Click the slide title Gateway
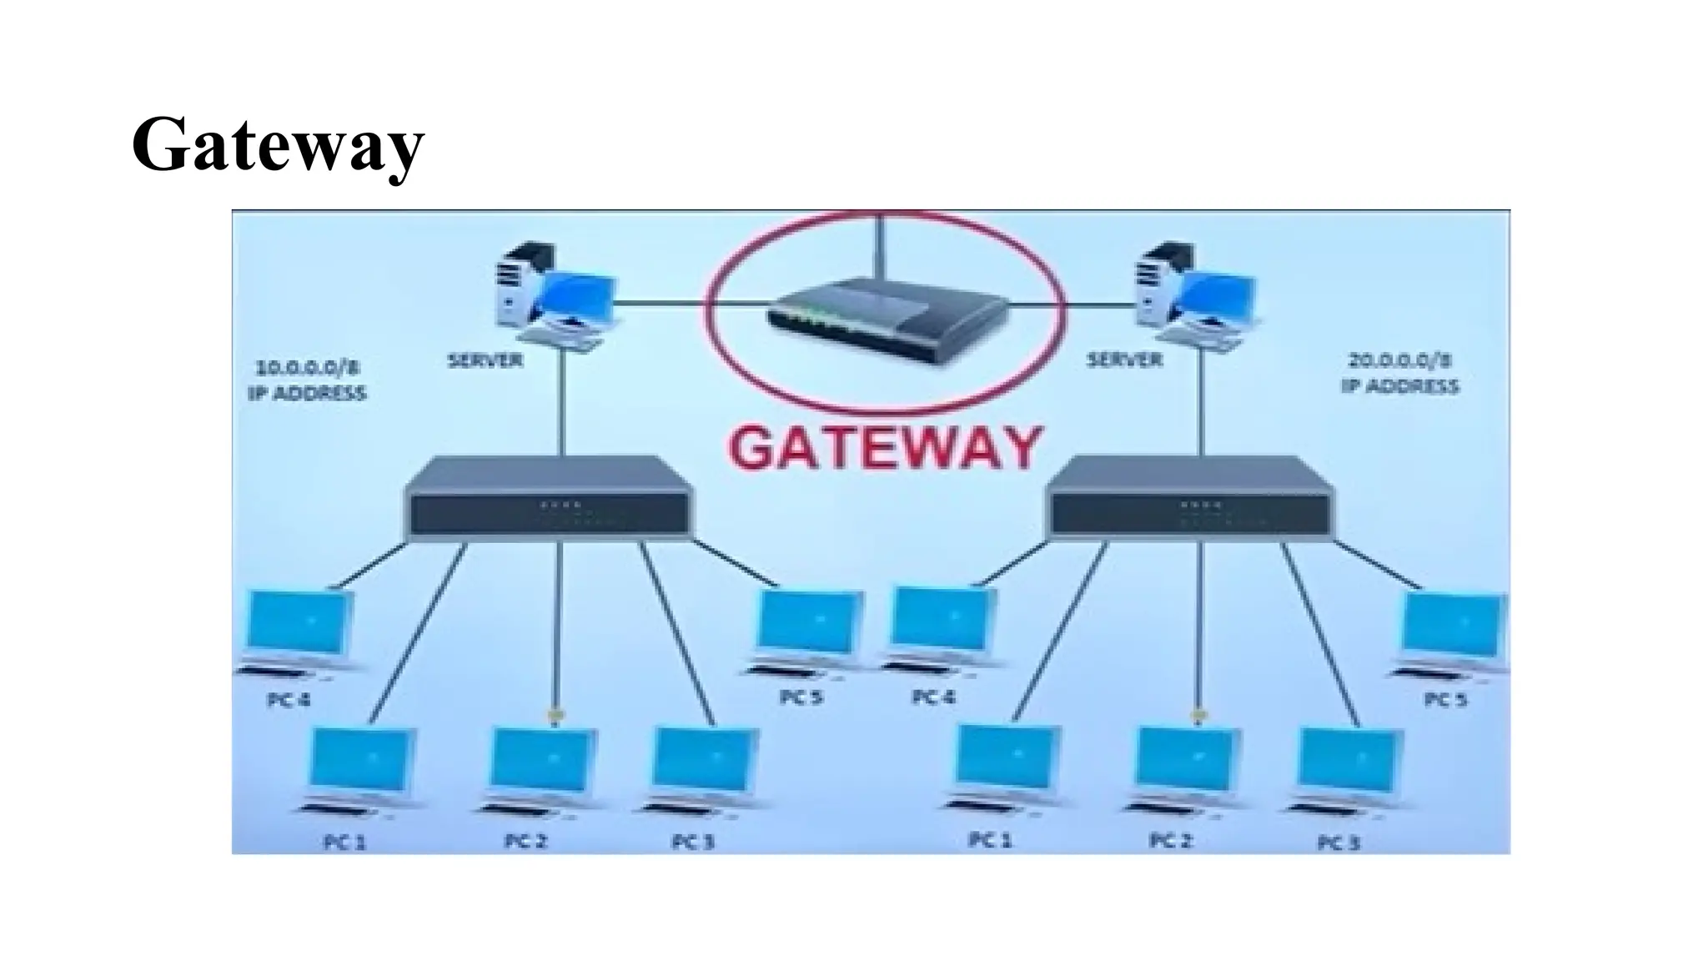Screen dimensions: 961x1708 [278, 145]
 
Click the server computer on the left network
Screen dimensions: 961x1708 [550, 292]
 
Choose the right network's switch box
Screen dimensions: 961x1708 [1191, 498]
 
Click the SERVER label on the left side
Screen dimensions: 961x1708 [485, 360]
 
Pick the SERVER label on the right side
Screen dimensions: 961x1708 [1124, 360]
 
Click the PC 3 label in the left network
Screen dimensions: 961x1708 [694, 843]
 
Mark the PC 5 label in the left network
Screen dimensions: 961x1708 [801, 697]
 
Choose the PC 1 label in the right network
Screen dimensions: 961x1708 [990, 840]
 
